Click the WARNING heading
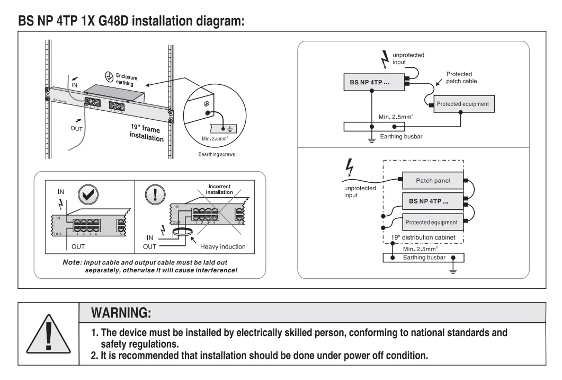pos(121,313)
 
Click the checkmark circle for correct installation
pos(88,195)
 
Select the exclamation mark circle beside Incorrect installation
pos(155,195)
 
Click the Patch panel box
pos(433,181)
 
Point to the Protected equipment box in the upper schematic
pos(464,104)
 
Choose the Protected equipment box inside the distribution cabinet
pos(433,222)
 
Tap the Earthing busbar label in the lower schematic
pos(424,258)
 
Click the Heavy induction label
pos(222,246)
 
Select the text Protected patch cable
pos(462,78)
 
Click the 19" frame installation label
pos(147,133)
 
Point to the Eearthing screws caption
pos(217,155)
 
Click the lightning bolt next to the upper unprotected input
pos(385,59)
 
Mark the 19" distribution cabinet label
pos(423,237)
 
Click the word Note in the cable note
pos(72,262)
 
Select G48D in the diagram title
pos(113,21)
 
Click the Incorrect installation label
pos(219,189)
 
